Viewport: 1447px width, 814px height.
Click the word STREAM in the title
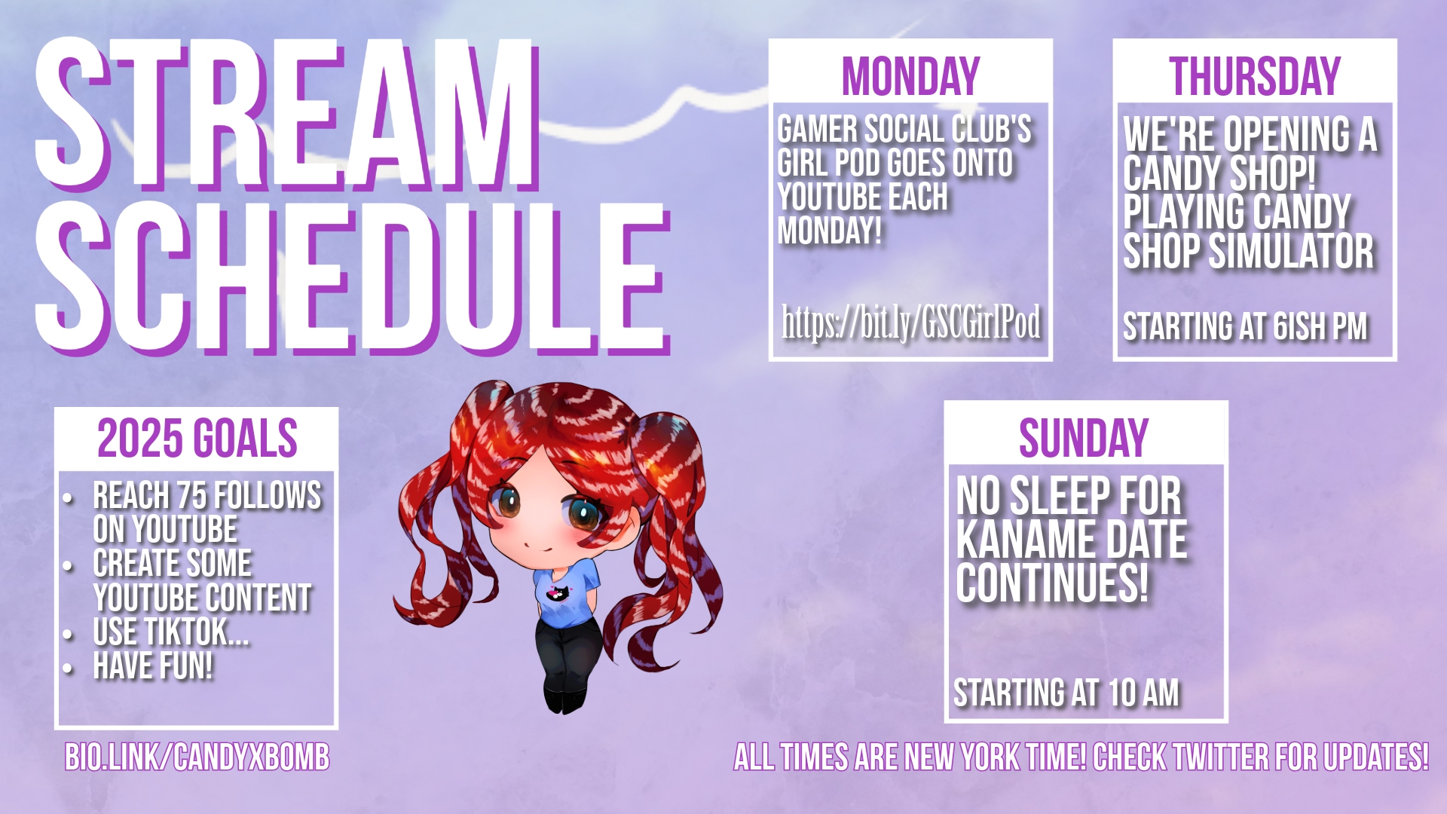286,115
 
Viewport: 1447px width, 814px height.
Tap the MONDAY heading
910,76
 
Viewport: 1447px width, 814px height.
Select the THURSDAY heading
1255,76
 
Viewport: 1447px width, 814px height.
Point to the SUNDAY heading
1084,438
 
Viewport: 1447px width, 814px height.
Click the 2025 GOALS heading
197,438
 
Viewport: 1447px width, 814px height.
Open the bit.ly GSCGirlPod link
911,323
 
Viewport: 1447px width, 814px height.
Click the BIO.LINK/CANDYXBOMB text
197,757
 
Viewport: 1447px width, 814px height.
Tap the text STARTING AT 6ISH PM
1245,326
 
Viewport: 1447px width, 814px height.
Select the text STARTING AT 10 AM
1066,693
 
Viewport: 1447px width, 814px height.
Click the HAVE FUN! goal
153,666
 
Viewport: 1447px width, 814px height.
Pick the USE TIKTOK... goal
171,632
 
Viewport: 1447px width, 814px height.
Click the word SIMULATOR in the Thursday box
1291,251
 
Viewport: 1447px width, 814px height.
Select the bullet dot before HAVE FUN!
69,668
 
